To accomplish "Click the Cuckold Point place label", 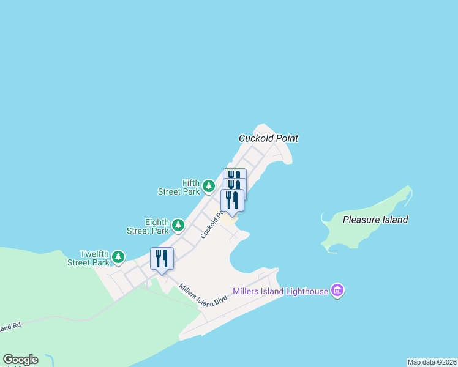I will [x=268, y=138].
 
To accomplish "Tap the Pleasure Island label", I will [x=375, y=220].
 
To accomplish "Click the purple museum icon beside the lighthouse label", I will [x=337, y=291].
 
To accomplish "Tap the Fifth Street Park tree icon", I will [x=209, y=185].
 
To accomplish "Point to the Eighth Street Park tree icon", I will [x=178, y=224].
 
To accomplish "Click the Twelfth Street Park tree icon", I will [x=118, y=257].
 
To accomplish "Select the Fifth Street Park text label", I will [x=179, y=187].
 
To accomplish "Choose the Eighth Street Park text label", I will [x=148, y=226].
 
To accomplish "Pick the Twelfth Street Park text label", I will [x=89, y=258].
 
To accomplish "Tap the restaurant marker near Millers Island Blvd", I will [x=162, y=259].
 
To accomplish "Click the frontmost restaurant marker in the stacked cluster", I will [x=232, y=200].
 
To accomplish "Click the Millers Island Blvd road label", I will [x=203, y=294].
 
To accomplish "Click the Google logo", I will [x=20, y=360].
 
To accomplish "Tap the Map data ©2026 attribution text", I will [x=432, y=362].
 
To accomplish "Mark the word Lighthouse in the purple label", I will [x=306, y=291].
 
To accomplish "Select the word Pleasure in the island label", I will [x=361, y=220].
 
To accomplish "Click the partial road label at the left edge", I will [x=10, y=327].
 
